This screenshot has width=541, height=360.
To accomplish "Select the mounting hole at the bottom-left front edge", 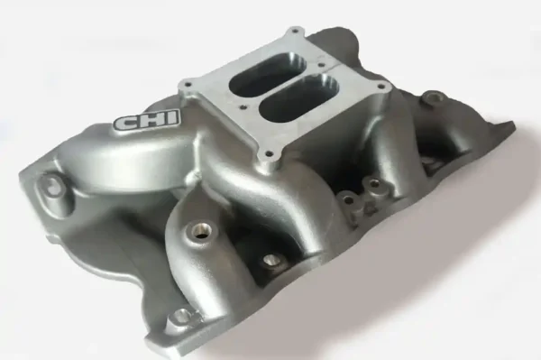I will (182, 316).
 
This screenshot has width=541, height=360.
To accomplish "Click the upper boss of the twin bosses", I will (371, 185).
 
